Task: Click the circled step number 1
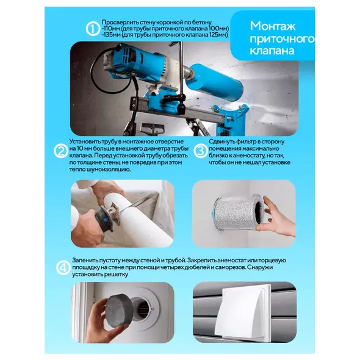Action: (93, 29)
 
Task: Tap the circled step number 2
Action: (61, 151)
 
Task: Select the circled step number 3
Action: (200, 151)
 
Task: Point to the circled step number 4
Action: (63, 268)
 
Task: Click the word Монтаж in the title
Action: (273, 26)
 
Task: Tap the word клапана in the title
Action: (272, 51)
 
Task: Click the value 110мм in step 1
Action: (111, 29)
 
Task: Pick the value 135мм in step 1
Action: (111, 35)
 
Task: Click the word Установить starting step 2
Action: (85, 142)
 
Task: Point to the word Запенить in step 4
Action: (85, 261)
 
